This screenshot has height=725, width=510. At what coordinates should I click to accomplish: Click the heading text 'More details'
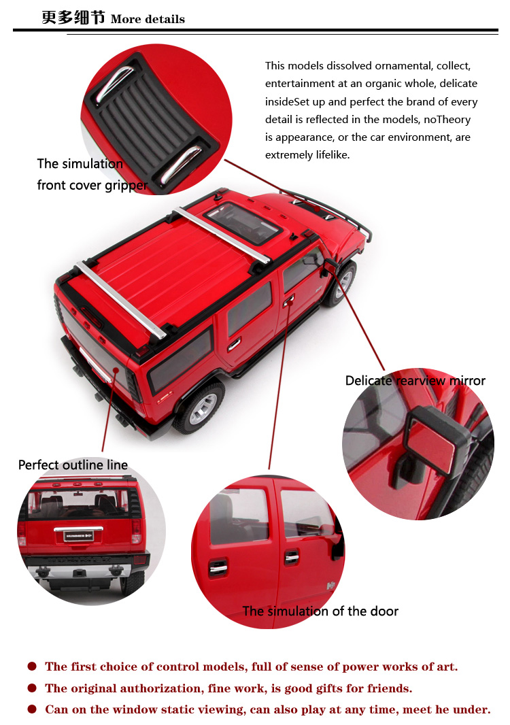pos(148,20)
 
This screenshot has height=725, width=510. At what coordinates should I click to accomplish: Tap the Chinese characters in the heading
pos(73,18)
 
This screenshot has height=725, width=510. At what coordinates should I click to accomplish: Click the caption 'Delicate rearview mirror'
pos(415,381)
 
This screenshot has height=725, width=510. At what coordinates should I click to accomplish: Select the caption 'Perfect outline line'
pos(73,465)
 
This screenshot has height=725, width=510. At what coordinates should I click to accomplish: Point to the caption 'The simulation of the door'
pos(320,611)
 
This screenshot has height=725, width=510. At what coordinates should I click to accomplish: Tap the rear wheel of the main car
pos(200,407)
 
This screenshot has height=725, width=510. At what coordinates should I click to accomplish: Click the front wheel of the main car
pos(341,284)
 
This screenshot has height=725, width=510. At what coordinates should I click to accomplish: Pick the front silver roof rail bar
pos(222,235)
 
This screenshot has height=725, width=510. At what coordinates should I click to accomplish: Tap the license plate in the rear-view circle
pos(79,536)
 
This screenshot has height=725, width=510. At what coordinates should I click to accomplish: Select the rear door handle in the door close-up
pos(218,569)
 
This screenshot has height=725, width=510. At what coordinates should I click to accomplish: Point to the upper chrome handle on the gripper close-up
pos(114,83)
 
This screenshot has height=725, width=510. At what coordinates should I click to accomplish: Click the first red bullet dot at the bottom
pos(32,667)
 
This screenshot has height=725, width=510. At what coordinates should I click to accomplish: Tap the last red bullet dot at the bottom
pos(32,709)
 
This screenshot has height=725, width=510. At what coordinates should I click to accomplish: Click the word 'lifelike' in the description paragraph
pos(332,155)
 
